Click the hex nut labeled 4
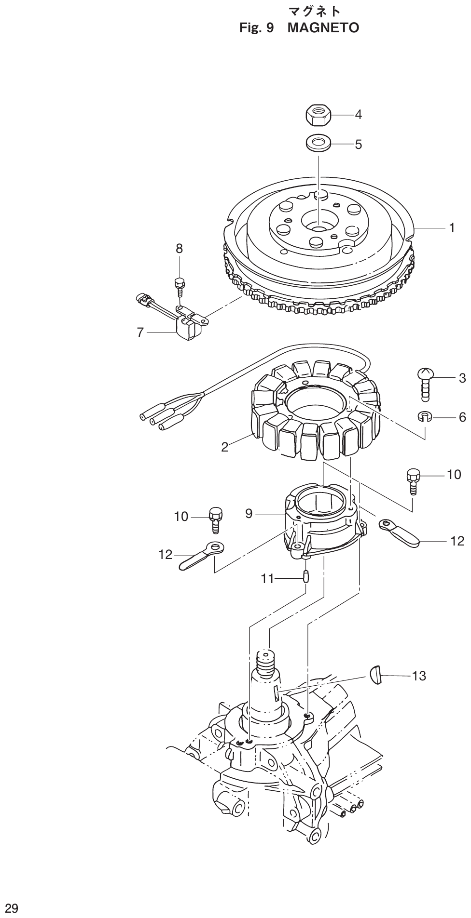tap(318, 115)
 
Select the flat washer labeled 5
tap(319, 144)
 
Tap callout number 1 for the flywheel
tap(452, 227)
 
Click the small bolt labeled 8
tap(179, 285)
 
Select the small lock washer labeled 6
tap(424, 416)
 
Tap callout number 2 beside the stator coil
tap(225, 447)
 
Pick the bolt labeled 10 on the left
tap(215, 518)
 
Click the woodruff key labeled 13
tap(376, 674)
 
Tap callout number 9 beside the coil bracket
tap(249, 514)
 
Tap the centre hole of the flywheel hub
tap(318, 225)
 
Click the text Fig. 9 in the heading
tap(257, 28)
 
